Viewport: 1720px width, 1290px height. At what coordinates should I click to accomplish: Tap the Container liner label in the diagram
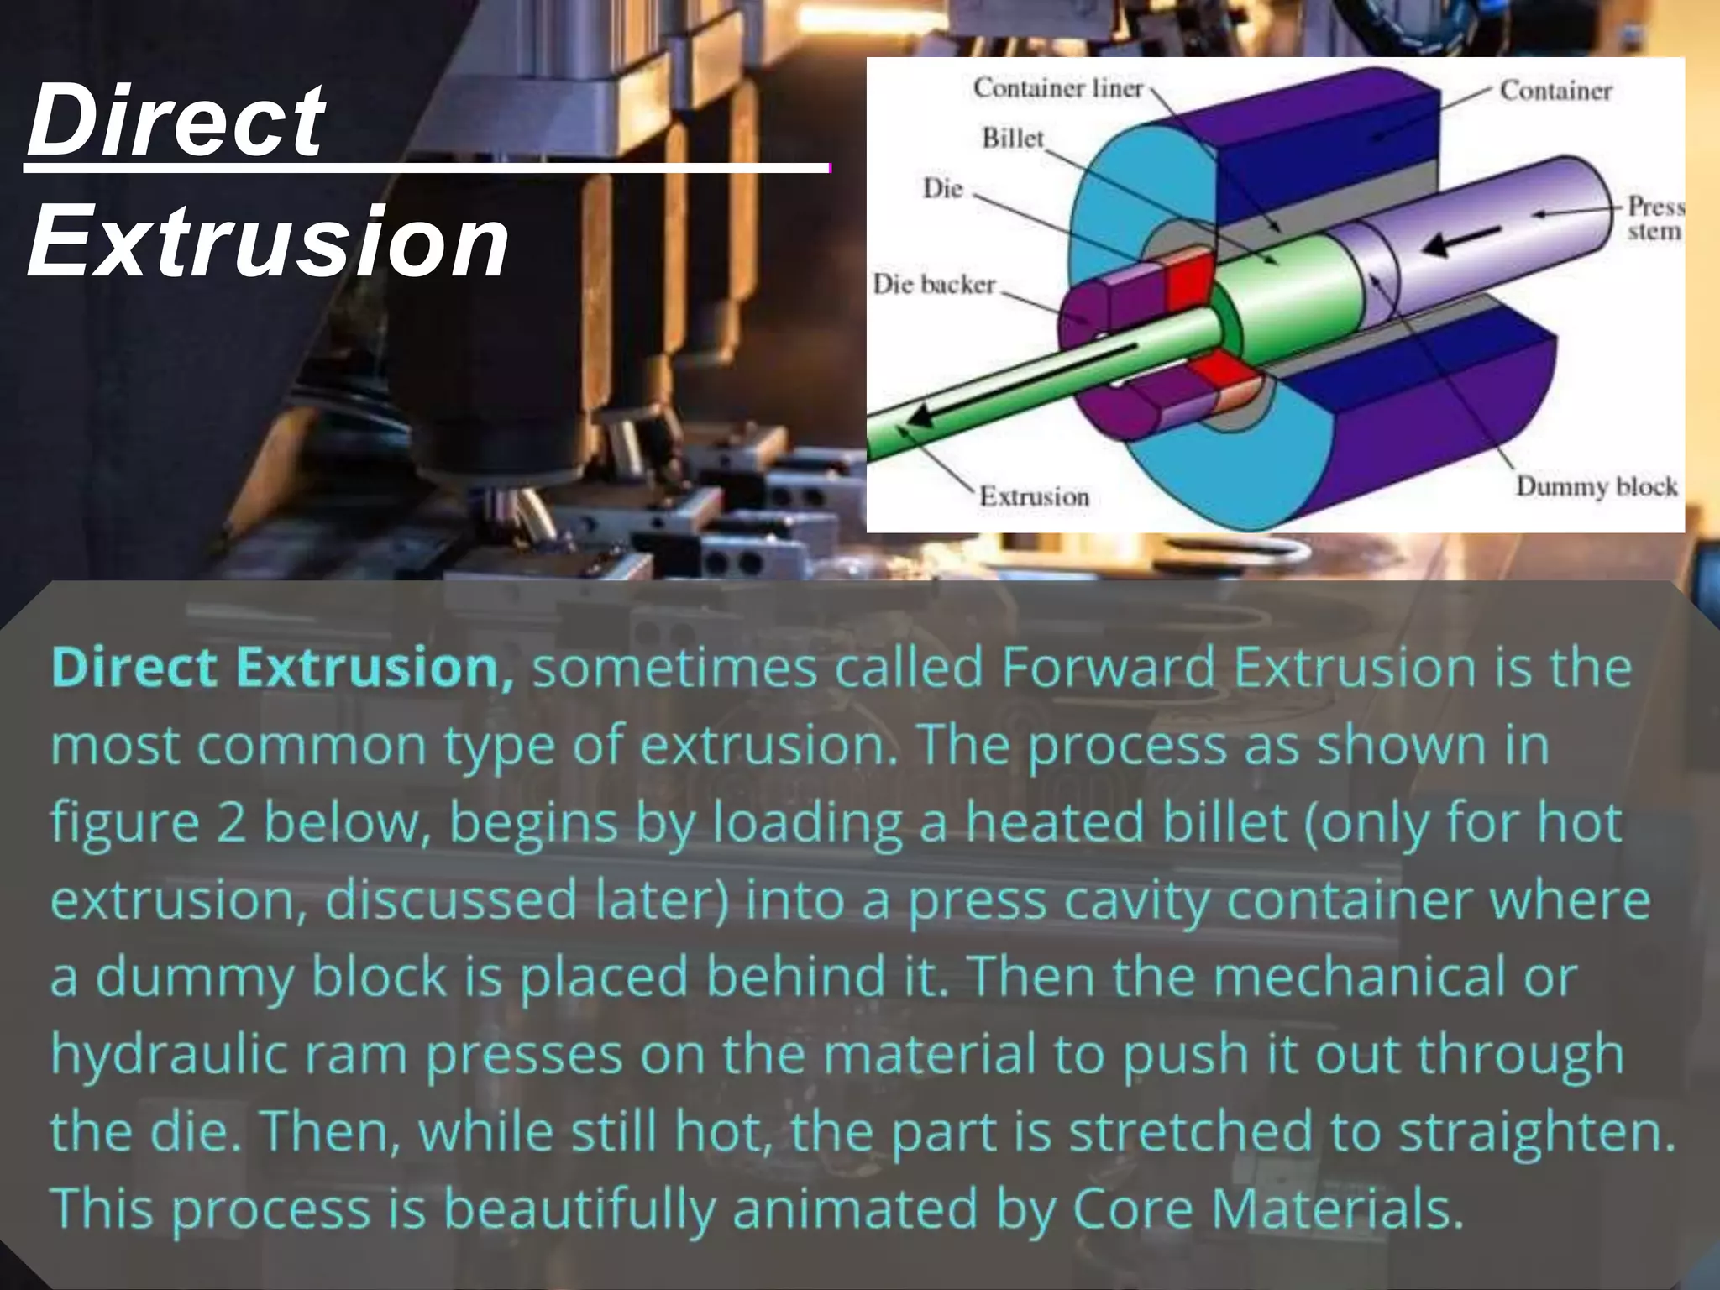pyautogui.click(x=1057, y=88)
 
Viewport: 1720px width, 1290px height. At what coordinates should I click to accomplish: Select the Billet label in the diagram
pyautogui.click(x=1012, y=139)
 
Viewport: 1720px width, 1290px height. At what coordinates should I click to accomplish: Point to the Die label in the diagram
pyautogui.click(x=942, y=188)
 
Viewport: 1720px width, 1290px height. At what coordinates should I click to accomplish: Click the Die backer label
pyautogui.click(x=933, y=284)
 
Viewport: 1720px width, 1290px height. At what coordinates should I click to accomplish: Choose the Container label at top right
pyautogui.click(x=1555, y=91)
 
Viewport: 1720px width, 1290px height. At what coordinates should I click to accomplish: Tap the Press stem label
pyautogui.click(x=1654, y=218)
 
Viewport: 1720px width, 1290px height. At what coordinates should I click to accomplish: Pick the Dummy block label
pyautogui.click(x=1596, y=486)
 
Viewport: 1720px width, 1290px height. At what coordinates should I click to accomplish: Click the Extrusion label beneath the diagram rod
pyautogui.click(x=1034, y=496)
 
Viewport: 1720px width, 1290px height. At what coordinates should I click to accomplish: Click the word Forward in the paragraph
pyautogui.click(x=1109, y=668)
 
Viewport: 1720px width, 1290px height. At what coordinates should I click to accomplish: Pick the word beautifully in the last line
pyautogui.click(x=579, y=1210)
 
